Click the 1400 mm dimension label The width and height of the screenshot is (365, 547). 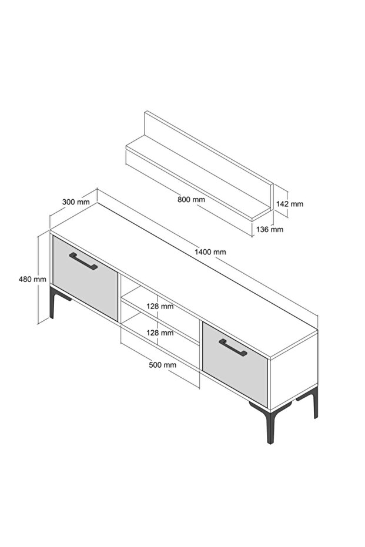click(210, 252)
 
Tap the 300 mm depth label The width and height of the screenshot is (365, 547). click(76, 202)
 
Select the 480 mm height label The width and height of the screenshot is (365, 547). click(32, 279)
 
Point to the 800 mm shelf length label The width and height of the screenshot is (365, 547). click(191, 200)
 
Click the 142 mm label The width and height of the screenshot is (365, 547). click(290, 204)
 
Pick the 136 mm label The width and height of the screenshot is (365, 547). click(270, 229)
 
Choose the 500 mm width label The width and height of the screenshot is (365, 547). click(163, 365)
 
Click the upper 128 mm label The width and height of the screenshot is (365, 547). click(160, 306)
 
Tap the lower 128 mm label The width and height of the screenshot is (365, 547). click(160, 333)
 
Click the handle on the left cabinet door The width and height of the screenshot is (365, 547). click(83, 261)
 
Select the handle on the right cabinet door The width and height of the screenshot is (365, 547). click(233, 347)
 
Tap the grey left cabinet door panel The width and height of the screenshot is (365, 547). click(85, 278)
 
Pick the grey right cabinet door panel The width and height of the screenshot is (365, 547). click(235, 364)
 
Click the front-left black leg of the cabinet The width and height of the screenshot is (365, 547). click(52, 303)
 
